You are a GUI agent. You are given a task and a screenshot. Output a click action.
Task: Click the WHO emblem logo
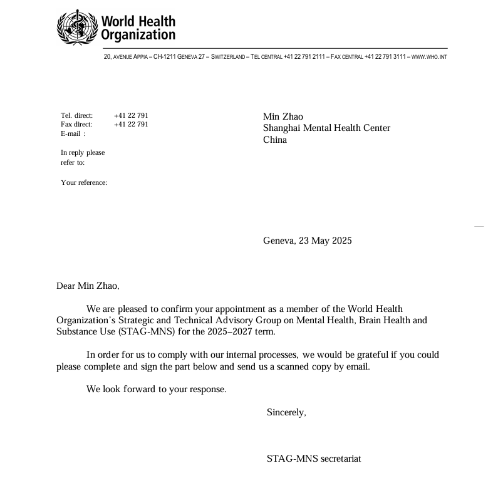pos(78,28)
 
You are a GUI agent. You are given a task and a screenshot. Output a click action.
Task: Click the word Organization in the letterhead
pos(138,36)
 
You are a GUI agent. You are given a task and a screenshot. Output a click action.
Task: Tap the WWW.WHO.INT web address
pos(429,57)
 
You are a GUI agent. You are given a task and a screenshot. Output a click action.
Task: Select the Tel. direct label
pos(76,115)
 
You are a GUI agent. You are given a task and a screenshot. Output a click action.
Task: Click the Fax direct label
pos(76,124)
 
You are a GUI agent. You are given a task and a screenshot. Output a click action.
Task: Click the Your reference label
pos(84,182)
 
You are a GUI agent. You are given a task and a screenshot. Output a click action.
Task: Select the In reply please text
pos(83,152)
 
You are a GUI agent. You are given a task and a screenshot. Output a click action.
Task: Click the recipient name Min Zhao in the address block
pos(283,117)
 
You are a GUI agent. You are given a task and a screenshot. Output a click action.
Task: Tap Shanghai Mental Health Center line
pos(326,128)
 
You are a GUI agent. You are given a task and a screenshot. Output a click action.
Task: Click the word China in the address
pos(275,140)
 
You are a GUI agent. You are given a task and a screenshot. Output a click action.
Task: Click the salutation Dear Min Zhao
pos(88,286)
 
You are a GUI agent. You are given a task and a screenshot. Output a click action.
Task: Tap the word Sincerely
pos(286,412)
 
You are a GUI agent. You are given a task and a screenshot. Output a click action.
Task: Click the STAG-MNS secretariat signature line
pos(314,459)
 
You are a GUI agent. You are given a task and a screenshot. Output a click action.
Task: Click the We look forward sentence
pos(157,389)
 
